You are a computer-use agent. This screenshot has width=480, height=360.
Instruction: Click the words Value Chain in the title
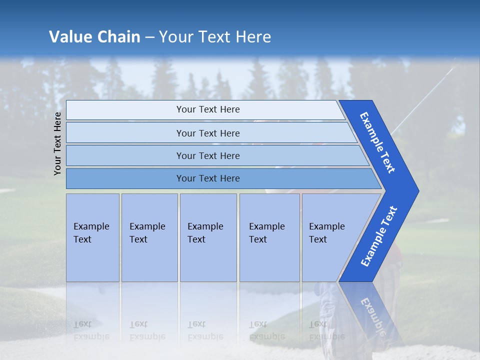94,37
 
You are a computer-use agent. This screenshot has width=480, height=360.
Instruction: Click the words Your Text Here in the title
215,37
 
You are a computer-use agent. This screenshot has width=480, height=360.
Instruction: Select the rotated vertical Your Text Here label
58,143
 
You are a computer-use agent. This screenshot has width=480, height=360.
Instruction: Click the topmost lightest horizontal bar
207,109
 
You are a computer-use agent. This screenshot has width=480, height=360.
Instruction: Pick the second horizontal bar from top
207,133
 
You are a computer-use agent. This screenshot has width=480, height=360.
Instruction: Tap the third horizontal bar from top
207,155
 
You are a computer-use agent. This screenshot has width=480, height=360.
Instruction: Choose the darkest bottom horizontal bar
207,178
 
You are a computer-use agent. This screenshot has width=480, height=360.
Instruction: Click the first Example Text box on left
92,237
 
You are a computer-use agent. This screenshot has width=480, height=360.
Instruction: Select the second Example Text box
149,237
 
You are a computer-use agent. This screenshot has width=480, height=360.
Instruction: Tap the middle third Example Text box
208,237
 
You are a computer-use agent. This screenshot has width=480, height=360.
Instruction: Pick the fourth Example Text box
269,237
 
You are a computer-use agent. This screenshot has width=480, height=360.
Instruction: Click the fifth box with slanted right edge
330,237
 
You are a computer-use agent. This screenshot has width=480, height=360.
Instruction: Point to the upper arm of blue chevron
378,142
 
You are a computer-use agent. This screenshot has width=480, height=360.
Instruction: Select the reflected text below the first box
91,330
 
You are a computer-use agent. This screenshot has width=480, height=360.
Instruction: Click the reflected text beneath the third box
205,330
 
